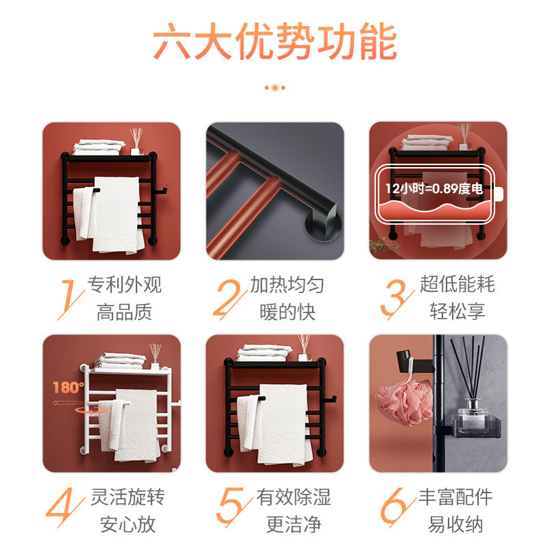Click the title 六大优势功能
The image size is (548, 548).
point(275,42)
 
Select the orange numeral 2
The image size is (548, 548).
point(229,299)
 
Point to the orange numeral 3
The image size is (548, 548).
point(396,299)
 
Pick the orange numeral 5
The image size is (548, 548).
point(233,506)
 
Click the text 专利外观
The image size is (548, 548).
point(125,284)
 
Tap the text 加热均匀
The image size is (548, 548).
point(287,284)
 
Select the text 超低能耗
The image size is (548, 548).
point(457,284)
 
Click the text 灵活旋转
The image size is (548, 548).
point(127,497)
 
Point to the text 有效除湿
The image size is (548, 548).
point(294,497)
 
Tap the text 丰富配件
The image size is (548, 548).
point(456,497)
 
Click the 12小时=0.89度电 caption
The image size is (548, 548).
point(434,189)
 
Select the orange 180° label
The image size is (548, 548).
point(68,387)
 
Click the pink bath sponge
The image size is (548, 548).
point(403,402)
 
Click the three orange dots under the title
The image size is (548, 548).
point(275,88)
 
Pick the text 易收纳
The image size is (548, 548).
point(456,524)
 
